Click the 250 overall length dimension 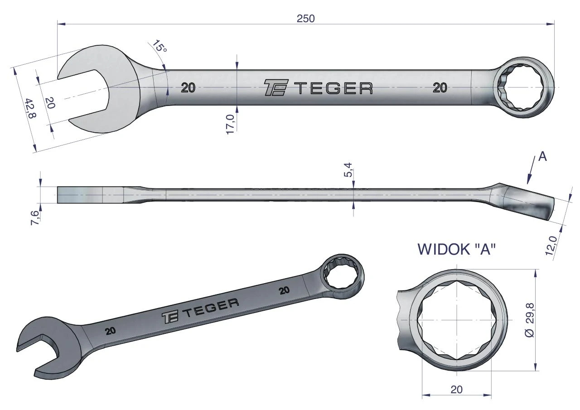(x=305, y=19)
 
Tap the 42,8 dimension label (x=30, y=108)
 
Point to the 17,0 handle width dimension (x=231, y=124)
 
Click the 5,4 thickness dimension (x=348, y=169)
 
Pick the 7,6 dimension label (x=35, y=217)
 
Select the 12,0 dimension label (x=551, y=246)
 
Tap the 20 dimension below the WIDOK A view (x=456, y=389)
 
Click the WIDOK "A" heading (x=457, y=249)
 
